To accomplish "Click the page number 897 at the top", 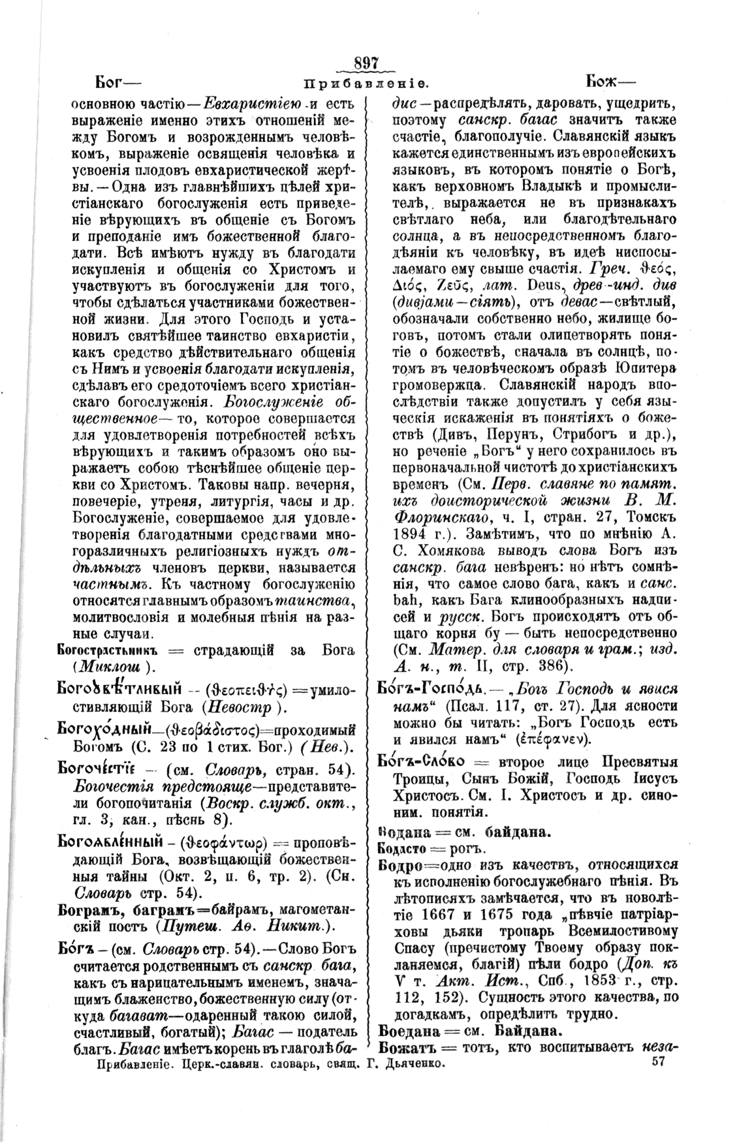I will [366, 64].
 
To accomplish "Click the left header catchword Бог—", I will [118, 82].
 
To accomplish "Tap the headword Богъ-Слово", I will [422, 762].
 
